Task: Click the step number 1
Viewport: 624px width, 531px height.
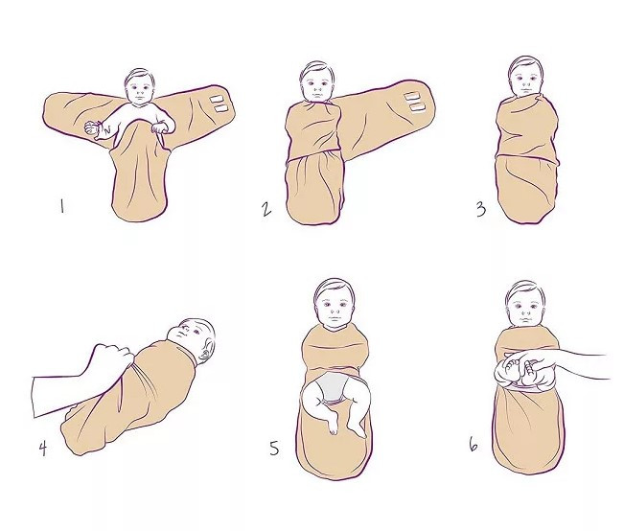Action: click(x=61, y=206)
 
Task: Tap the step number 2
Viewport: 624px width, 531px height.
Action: click(x=266, y=209)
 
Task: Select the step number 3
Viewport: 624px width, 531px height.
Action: click(x=481, y=209)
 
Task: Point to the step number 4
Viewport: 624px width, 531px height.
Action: click(x=43, y=449)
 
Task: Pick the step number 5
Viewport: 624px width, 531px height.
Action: click(x=274, y=449)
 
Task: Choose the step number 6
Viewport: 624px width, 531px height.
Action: click(x=474, y=445)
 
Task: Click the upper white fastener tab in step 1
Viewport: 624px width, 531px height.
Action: click(x=218, y=99)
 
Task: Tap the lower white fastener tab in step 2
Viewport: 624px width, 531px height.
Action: click(x=418, y=108)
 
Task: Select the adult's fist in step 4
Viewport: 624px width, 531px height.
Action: click(x=112, y=358)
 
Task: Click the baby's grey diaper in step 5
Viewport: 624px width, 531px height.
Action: click(x=332, y=387)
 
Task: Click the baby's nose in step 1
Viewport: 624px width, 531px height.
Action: click(x=139, y=90)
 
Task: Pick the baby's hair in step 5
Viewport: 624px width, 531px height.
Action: click(x=334, y=287)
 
